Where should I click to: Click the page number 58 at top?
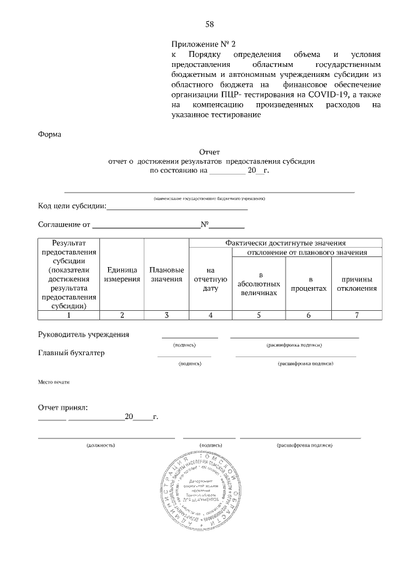coord(210,24)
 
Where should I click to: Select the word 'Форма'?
coord(49,133)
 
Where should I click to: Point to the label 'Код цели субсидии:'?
coord(72,206)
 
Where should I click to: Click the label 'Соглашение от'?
coord(64,224)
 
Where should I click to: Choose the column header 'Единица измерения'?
coord(122,274)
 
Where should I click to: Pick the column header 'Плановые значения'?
coord(166,274)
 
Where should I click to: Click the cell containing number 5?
coord(258,315)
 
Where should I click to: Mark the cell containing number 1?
coord(69,315)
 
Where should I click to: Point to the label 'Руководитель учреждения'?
coord(84,334)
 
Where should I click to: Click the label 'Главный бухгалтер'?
coord(71,353)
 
